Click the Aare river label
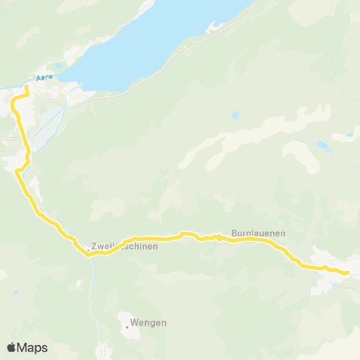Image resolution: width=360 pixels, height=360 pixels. [x=44, y=77]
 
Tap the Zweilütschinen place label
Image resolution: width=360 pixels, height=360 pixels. [x=124, y=246]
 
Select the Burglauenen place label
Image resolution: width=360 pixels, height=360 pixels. [x=258, y=233]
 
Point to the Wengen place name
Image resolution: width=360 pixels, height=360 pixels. [x=148, y=323]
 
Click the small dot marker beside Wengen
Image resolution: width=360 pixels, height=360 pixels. [x=127, y=325]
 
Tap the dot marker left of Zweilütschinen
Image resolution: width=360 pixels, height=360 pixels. [x=88, y=250]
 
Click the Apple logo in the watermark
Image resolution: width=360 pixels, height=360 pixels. [x=11, y=347]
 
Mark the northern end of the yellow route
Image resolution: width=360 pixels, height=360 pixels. [x=26, y=88]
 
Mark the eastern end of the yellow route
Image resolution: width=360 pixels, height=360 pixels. [x=347, y=272]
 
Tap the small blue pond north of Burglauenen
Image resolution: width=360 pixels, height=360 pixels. [x=235, y=116]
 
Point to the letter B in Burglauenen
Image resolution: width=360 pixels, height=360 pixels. [x=235, y=233]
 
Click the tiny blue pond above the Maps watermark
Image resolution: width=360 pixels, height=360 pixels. [x=16, y=292]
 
